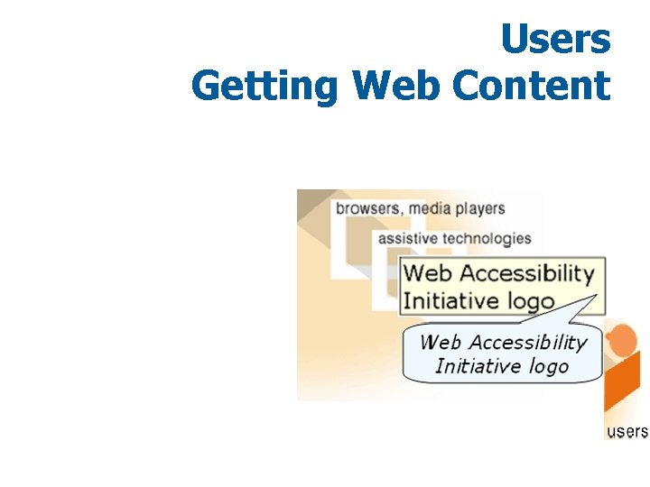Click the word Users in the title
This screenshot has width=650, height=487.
555,41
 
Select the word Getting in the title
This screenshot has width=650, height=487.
265,86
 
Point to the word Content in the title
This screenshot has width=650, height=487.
531,86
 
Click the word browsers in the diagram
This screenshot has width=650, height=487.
367,208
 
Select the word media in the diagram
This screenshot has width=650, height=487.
430,208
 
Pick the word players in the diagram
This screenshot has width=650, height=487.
479,209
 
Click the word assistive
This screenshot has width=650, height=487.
407,239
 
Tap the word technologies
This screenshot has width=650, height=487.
487,239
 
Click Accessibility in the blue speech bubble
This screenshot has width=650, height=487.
527,343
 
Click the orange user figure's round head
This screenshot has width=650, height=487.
624,339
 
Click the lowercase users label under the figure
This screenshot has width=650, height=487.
627,432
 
